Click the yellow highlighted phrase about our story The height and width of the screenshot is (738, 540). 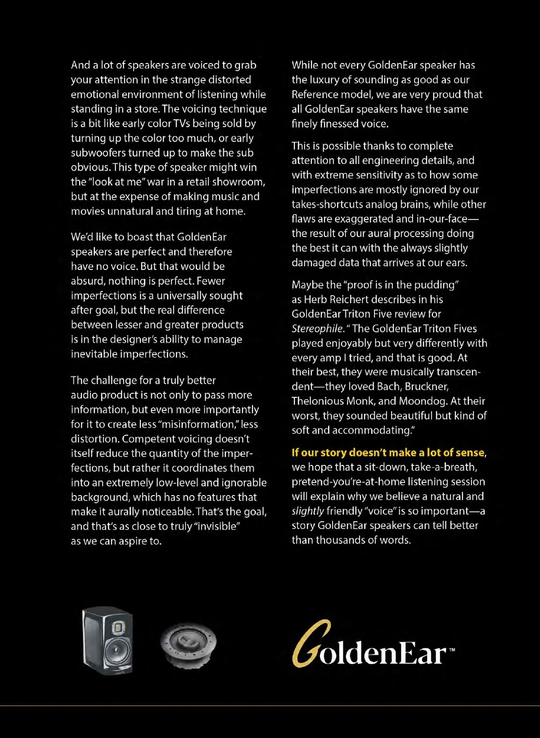pyautogui.click(x=388, y=452)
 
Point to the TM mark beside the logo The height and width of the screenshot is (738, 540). pyautogui.click(x=452, y=650)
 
